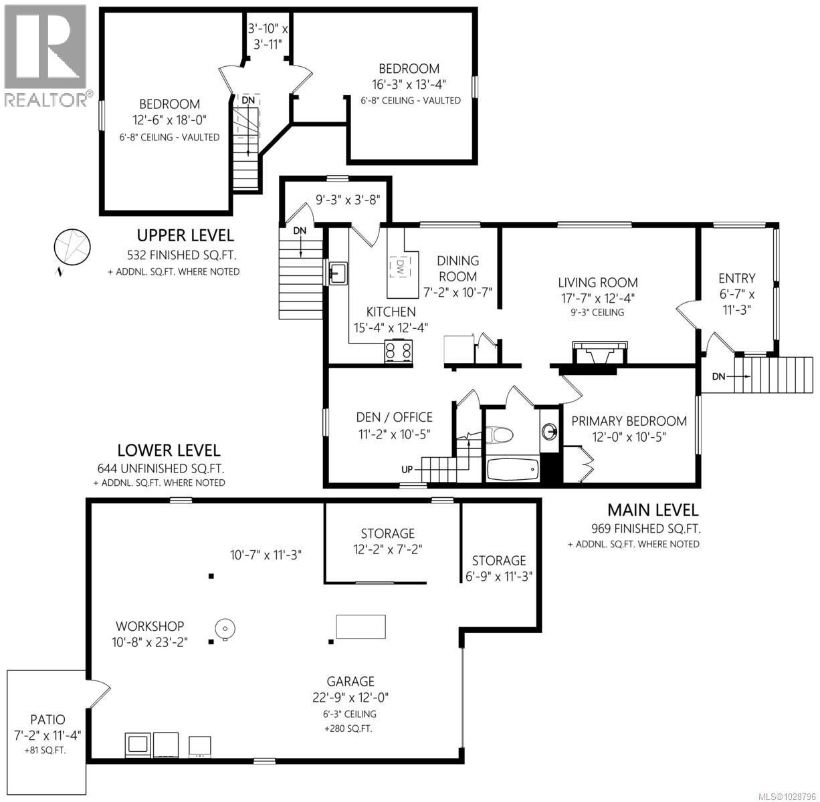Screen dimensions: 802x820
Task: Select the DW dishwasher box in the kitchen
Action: point(400,267)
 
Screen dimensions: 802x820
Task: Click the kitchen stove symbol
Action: point(398,351)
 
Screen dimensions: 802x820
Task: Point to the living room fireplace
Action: point(600,352)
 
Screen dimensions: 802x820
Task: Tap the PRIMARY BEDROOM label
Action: point(629,421)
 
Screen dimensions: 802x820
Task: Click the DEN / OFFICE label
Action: point(394,417)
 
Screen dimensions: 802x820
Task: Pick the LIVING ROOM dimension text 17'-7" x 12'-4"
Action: point(599,298)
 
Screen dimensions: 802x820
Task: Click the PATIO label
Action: point(47,720)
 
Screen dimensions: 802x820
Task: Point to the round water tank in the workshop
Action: point(224,628)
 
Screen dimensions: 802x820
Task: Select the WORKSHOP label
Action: point(150,626)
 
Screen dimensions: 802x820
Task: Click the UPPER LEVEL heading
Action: point(185,235)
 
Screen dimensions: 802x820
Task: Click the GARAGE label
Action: point(350,681)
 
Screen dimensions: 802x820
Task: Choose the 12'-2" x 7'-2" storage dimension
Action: point(388,549)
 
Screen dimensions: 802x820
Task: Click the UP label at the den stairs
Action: point(407,469)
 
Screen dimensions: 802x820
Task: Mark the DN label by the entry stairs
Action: point(718,376)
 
